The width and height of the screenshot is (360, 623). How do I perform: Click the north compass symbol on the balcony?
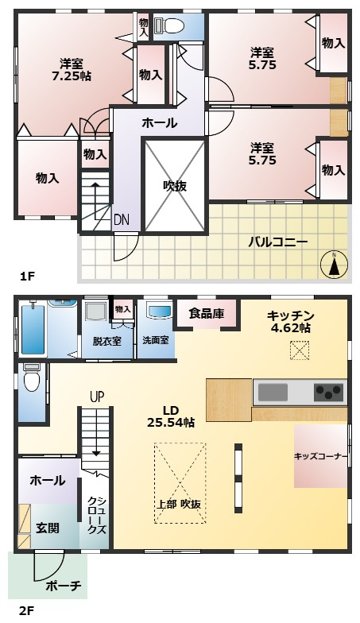pyautogui.click(x=335, y=265)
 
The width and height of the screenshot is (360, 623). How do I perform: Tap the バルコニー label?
pyautogui.click(x=277, y=242)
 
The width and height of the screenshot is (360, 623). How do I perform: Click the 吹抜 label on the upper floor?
pyautogui.click(x=175, y=186)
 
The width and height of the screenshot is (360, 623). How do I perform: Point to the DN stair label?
pyautogui.click(x=121, y=219)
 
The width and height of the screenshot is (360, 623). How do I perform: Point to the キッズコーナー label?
pyautogui.click(x=321, y=456)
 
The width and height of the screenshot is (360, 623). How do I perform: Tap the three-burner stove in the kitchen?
pyautogui.click(x=328, y=391)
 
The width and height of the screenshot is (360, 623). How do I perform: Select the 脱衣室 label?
pyautogui.click(x=106, y=340)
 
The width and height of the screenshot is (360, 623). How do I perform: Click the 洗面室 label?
pyautogui.click(x=155, y=340)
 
